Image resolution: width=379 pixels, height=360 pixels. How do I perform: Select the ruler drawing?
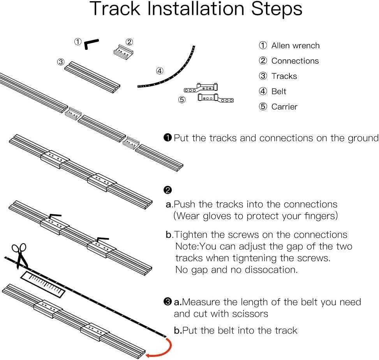point(43,284)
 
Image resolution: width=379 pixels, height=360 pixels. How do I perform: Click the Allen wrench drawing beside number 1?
point(91,44)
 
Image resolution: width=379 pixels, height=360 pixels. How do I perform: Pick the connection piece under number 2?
point(124,52)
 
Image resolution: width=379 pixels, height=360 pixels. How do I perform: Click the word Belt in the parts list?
point(279,92)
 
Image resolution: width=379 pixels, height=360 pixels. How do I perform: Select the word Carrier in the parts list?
point(284,107)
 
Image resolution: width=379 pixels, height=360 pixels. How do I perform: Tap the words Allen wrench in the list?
point(295,46)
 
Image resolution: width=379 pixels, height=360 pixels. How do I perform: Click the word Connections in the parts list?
point(295,61)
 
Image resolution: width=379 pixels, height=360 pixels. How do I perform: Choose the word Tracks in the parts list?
point(284,76)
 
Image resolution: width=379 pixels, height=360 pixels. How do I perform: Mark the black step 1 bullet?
point(168,138)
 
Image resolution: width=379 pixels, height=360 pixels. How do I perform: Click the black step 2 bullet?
point(168,190)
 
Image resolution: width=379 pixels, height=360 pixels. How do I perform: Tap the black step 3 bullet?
point(168,302)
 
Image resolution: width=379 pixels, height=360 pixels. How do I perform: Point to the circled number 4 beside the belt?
point(159,71)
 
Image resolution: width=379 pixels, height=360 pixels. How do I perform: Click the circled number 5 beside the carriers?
point(182,100)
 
